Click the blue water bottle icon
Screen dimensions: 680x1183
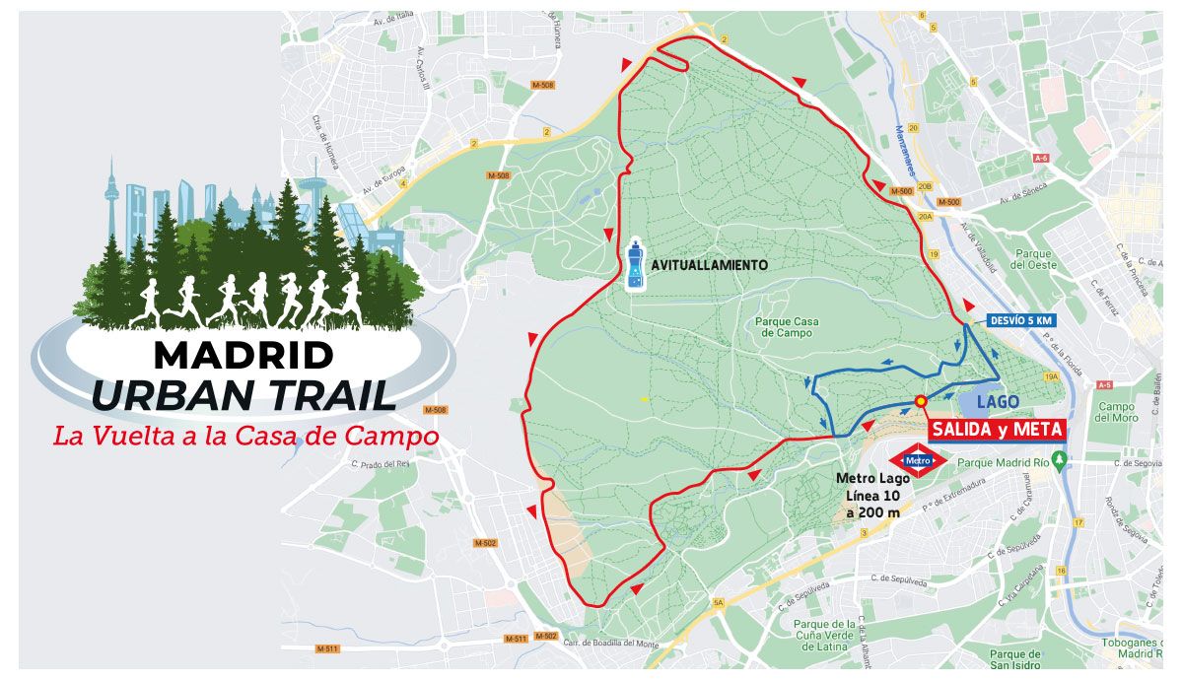tap(636, 265)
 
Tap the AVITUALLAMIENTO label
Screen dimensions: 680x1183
tap(709, 265)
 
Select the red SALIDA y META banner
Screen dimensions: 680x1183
tap(998, 430)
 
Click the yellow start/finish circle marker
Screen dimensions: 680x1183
tap(921, 401)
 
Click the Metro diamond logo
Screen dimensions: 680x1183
tap(919, 460)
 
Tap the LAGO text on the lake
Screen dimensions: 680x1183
tap(998, 402)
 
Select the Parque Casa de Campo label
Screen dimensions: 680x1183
tap(787, 327)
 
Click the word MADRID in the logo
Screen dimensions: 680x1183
tap(243, 355)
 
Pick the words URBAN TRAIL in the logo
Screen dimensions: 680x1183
tap(243, 393)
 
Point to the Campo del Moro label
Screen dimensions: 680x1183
tap(1117, 412)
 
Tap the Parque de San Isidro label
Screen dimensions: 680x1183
tap(1014, 659)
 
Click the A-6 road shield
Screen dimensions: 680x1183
tap(1041, 158)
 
